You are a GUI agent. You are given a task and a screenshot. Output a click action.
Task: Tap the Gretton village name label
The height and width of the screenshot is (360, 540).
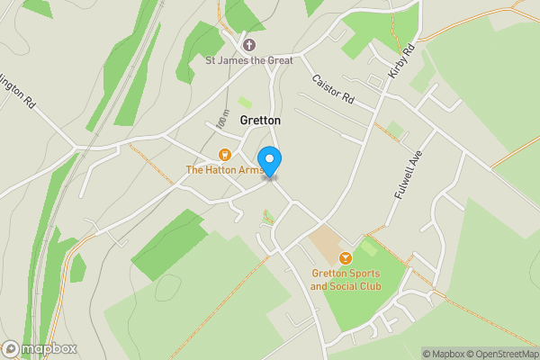tap(260, 121)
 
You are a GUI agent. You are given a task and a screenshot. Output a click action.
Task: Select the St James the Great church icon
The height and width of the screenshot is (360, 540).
tap(249, 44)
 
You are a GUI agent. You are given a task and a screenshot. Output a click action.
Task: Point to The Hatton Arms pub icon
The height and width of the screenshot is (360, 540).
tap(225, 154)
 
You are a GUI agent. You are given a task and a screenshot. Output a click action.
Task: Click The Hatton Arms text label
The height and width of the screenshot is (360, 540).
tap(224, 169)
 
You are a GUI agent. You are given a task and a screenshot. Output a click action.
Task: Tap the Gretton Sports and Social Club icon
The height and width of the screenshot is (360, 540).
tap(346, 258)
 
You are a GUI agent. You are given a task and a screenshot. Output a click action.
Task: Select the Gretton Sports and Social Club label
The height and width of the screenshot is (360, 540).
tap(346, 280)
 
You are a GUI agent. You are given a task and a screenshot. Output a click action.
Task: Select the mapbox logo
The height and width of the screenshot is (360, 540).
tap(40, 348)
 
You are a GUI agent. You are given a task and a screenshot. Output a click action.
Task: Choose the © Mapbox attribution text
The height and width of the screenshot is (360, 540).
tap(445, 354)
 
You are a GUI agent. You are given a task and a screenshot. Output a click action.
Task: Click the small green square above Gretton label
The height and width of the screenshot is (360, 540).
tap(245, 103)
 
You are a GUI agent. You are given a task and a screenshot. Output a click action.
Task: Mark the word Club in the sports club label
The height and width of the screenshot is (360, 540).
tap(368, 286)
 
